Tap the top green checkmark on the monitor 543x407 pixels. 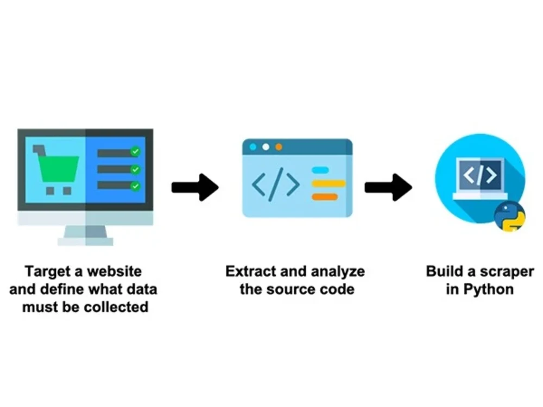[135, 152]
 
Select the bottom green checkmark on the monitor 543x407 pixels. [135, 186]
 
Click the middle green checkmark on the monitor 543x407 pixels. [135, 169]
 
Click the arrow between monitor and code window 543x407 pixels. [195, 187]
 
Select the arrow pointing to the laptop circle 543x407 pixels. [388, 187]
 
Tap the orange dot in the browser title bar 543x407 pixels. [279, 147]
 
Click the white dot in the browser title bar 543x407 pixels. [266, 147]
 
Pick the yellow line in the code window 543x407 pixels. [329, 183]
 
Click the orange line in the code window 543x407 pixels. [325, 196]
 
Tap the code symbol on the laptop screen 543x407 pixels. [479, 175]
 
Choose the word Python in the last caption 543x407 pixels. [488, 289]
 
